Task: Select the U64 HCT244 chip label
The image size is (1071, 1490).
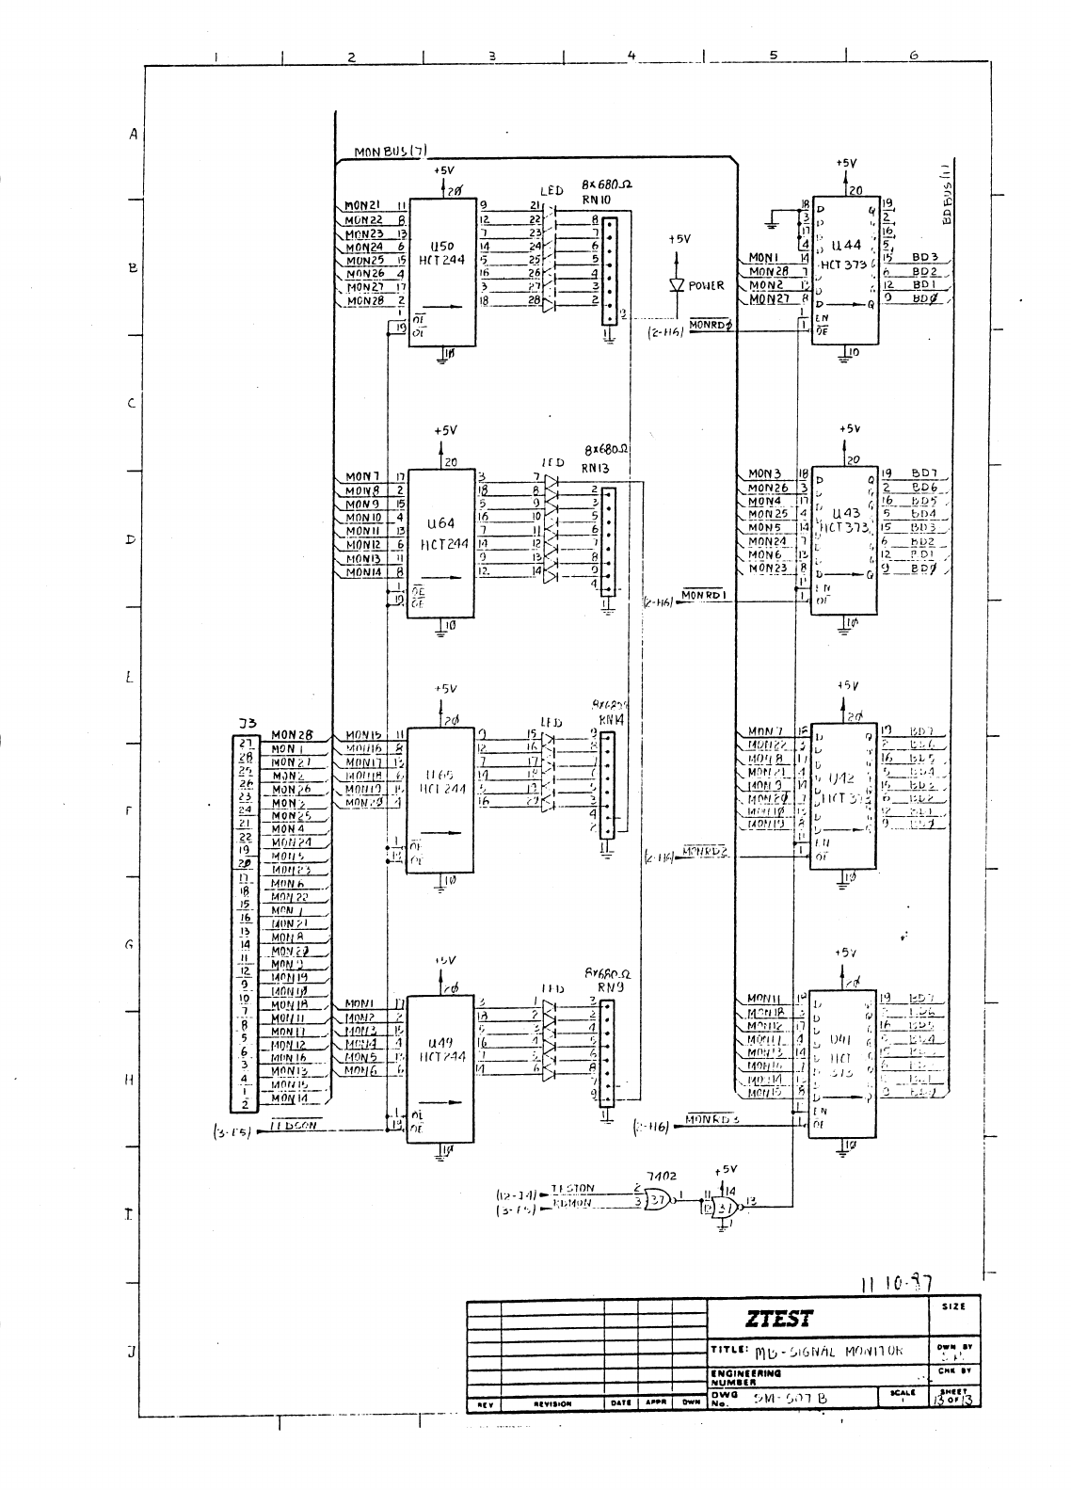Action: point(440,533)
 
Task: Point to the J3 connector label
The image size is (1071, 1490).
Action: point(247,723)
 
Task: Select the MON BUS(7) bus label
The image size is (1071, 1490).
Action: point(391,152)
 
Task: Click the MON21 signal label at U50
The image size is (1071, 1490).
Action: point(361,205)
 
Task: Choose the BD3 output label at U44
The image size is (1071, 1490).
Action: point(924,256)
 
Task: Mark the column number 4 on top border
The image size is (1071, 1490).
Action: point(632,56)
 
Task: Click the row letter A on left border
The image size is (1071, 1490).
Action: point(134,135)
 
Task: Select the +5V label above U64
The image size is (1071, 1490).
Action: point(445,430)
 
